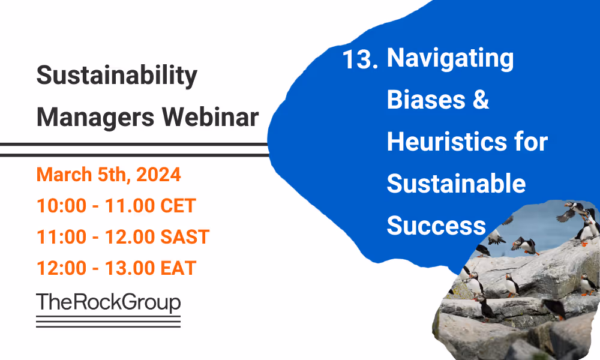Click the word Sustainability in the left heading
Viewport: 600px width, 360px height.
pyautogui.click(x=116, y=76)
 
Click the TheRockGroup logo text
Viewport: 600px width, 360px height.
pyautogui.click(x=108, y=302)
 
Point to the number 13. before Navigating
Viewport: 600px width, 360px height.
pyautogui.click(x=360, y=60)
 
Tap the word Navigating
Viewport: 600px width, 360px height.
pyautogui.click(x=451, y=59)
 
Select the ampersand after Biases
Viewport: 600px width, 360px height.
pyautogui.click(x=481, y=100)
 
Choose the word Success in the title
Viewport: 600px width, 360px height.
pyautogui.click(x=436, y=226)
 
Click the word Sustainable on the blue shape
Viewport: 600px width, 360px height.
pyautogui.click(x=456, y=184)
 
